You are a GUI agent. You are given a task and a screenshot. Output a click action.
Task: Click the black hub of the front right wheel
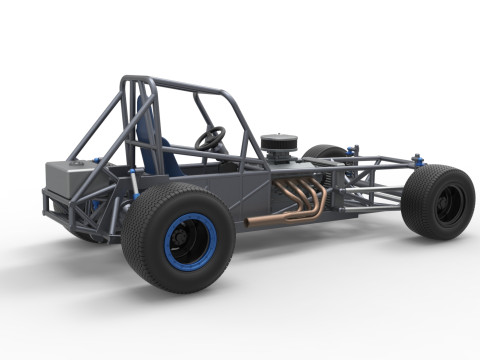[448, 203]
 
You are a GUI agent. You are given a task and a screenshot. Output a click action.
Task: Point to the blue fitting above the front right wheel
[418, 159]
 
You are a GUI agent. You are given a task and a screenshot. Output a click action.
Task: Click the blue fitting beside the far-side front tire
[352, 152]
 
